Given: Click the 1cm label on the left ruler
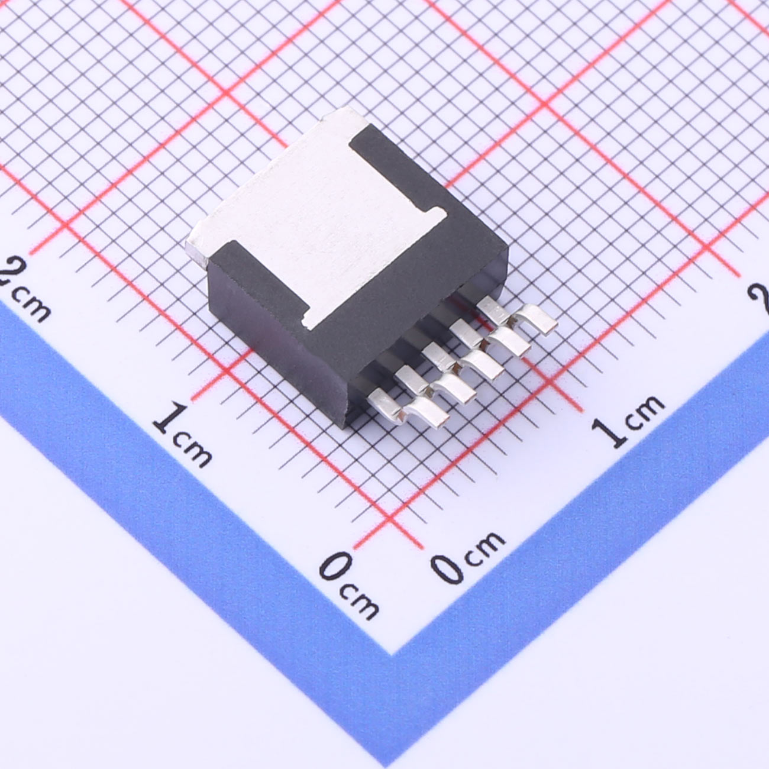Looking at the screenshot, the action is (183, 435).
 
